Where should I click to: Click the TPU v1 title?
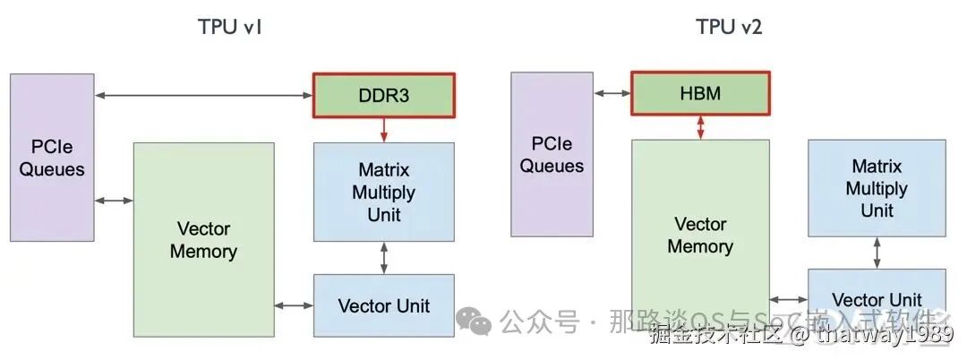[229, 27]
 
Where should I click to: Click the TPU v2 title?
[729, 27]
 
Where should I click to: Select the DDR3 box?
[384, 95]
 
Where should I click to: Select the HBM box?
[700, 93]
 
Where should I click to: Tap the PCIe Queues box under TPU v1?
[52, 157]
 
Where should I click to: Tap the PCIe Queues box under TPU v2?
[552, 154]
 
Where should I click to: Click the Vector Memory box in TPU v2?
[700, 235]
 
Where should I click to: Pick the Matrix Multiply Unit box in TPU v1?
[383, 192]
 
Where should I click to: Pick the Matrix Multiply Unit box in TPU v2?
[877, 188]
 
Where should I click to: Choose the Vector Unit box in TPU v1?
[383, 305]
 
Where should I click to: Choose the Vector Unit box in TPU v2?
[877, 299]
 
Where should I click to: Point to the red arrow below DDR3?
[384, 130]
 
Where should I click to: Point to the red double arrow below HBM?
[700, 127]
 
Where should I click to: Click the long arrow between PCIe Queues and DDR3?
[203, 94]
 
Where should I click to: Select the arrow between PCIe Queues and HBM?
[612, 93]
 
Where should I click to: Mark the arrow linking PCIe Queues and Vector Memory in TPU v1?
[114, 200]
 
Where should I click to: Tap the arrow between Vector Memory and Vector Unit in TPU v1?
[293, 306]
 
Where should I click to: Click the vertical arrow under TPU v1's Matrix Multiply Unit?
[384, 257]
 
